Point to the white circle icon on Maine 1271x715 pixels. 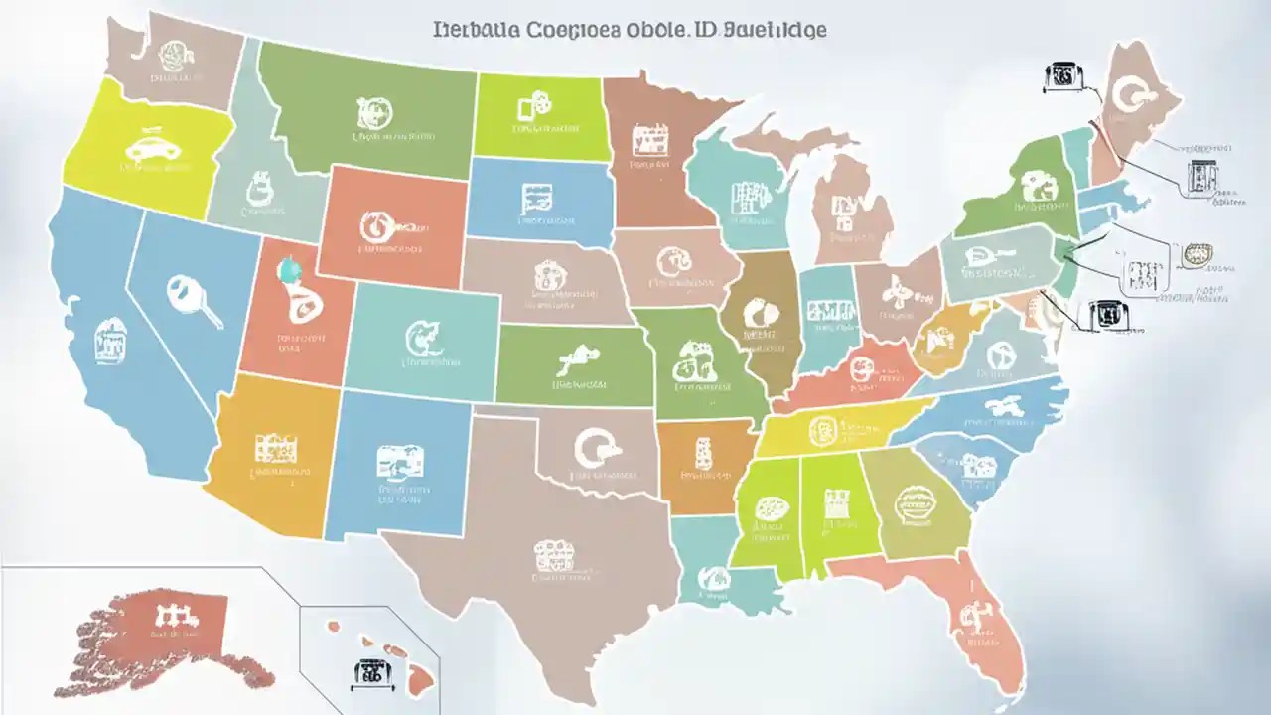pos(1132,95)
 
